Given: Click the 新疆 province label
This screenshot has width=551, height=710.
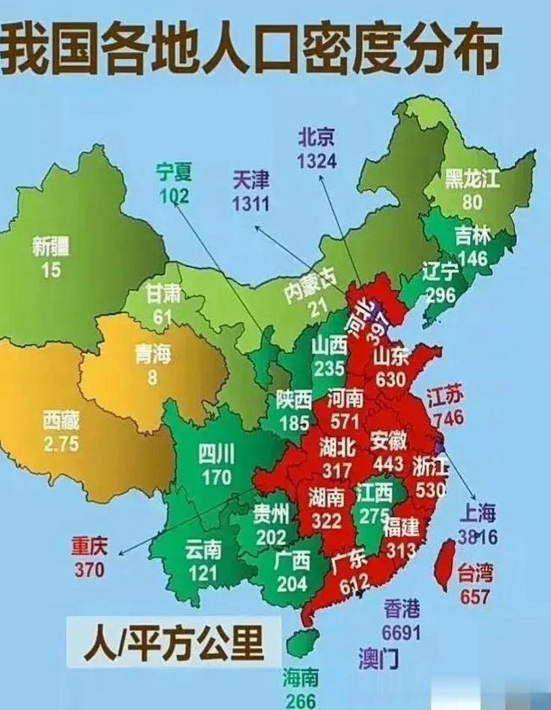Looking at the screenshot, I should click(x=51, y=246).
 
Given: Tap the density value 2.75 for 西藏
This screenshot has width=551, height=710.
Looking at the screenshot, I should click(x=61, y=444).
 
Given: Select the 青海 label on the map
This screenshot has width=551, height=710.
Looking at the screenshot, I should click(x=153, y=354).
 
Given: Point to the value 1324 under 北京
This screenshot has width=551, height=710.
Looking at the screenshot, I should click(x=316, y=160).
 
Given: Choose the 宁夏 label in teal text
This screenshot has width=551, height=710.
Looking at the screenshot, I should click(x=174, y=173).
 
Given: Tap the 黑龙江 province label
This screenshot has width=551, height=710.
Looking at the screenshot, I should click(x=472, y=180).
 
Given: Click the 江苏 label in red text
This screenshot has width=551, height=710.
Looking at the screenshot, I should click(x=445, y=396).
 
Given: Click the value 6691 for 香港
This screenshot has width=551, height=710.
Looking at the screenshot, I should click(x=401, y=632).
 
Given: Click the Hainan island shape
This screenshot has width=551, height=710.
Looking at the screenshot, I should click(x=302, y=643).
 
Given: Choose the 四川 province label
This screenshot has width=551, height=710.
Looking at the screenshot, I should click(x=216, y=455).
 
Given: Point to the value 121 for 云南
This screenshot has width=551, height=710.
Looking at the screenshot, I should click(x=203, y=572).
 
